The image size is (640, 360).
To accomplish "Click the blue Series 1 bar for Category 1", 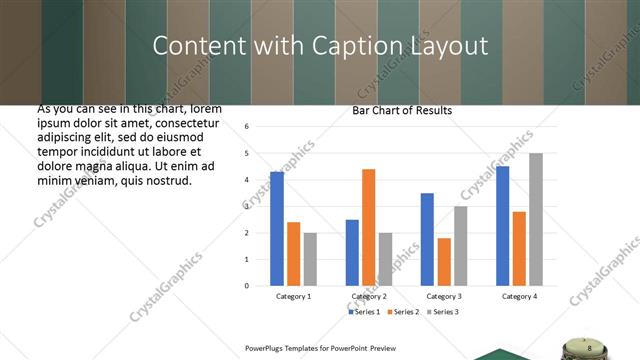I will point(277,229).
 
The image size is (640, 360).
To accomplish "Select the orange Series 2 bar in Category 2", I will point(368,227).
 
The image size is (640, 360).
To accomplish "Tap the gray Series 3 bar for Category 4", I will point(536,219).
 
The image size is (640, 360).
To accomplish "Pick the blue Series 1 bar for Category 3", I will point(427,239).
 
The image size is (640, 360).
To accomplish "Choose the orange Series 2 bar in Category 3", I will point(444,262).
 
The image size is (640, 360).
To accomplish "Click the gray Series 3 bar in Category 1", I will point(310,259).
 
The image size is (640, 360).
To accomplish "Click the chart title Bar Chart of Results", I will point(402,110).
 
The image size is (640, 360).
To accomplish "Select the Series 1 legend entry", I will point(365,313).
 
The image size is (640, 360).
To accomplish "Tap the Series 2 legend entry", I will point(403,313).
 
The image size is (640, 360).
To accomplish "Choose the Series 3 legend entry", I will point(442,313).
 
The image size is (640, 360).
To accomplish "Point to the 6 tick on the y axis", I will point(261,127).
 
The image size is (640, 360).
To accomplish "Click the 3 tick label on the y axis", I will point(261,206).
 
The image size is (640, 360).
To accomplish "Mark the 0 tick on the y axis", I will point(261,286).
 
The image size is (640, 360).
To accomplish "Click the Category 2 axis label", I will point(368,297).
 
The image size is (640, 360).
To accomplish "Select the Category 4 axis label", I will point(519,297).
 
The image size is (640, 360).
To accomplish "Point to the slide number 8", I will point(590,347).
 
